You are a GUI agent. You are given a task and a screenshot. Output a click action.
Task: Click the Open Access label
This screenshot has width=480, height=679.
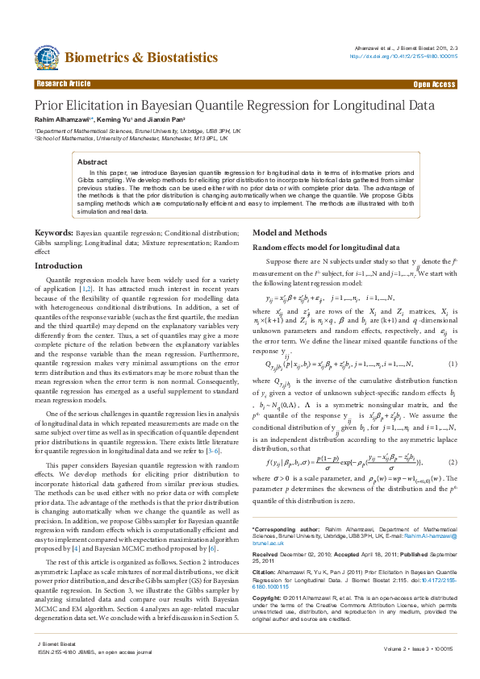[x=434, y=84]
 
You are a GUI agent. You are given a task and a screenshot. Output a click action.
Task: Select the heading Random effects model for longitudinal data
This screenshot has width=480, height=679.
[x=326, y=247]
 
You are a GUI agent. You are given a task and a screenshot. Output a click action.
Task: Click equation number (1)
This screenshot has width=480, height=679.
[x=453, y=364]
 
